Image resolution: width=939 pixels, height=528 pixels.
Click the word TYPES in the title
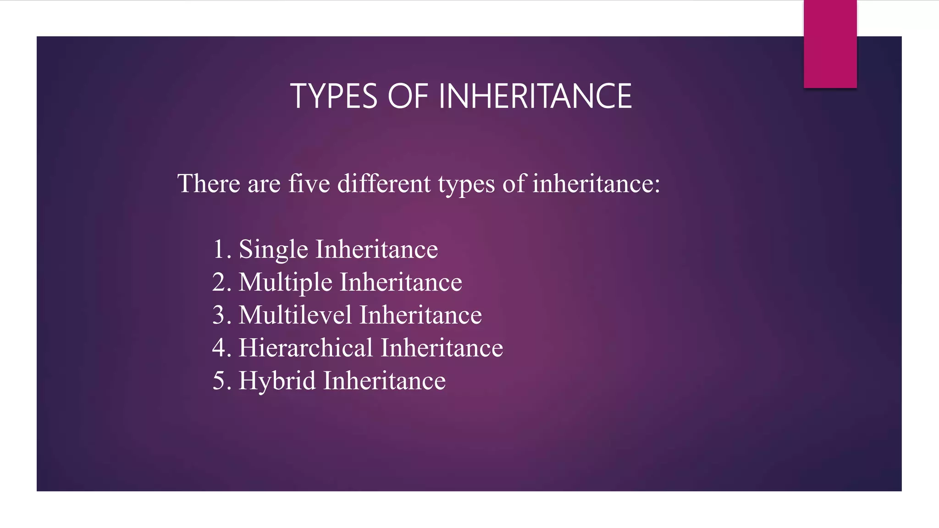333,96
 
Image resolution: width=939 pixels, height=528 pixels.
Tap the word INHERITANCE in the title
535,96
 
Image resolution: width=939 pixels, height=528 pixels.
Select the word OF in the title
408,96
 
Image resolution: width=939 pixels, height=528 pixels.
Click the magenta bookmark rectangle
830,44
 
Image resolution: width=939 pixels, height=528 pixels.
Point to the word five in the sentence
309,183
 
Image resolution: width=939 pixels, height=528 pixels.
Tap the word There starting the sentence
209,183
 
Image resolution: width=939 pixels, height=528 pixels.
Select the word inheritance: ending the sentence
596,183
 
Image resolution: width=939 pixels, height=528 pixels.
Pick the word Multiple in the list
285,282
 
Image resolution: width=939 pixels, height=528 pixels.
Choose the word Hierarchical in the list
305,347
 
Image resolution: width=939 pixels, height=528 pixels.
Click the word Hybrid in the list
277,381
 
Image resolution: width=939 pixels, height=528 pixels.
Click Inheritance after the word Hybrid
384,381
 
